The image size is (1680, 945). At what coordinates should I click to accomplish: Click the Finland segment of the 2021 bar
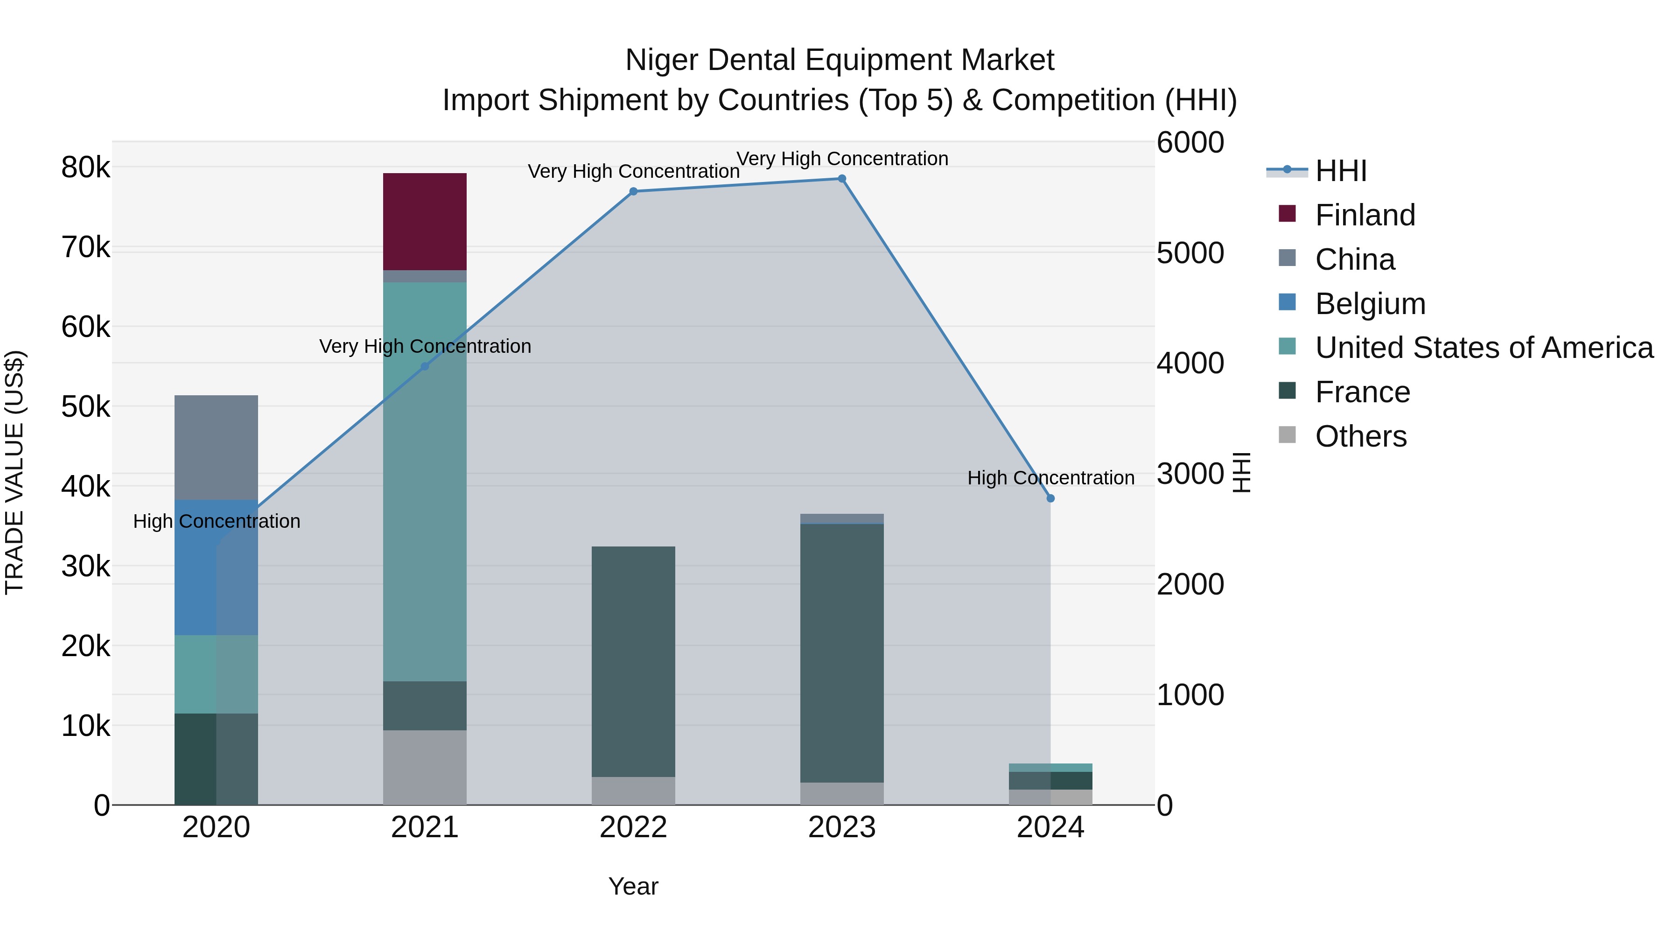point(425,222)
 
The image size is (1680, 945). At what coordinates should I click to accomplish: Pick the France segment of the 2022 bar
point(633,661)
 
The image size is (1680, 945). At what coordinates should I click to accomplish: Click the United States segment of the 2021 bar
point(425,482)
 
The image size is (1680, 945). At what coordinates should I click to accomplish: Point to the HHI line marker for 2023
point(842,179)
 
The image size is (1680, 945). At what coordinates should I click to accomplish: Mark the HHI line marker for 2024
point(1050,498)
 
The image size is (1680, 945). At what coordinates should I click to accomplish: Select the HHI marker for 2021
point(425,366)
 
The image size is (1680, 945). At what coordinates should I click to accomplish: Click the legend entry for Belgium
point(1370,304)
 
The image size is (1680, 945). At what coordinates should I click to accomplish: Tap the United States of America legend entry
point(1484,348)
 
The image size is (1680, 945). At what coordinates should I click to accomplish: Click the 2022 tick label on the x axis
point(633,827)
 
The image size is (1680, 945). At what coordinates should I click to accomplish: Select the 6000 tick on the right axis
point(1190,143)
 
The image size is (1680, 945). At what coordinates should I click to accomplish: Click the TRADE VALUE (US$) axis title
point(14,472)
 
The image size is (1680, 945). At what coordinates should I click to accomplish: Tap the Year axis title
point(633,886)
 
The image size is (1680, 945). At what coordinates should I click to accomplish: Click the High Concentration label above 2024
point(1050,478)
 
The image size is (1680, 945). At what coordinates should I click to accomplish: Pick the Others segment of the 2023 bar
point(842,794)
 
